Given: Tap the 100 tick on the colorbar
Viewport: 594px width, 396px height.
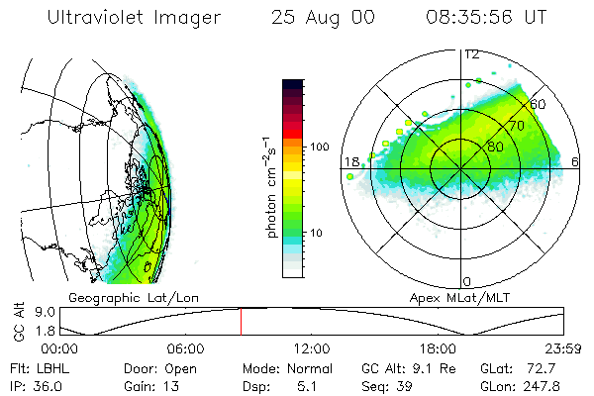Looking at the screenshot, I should coord(320,147).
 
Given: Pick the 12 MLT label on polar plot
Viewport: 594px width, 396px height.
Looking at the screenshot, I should coord(472,54).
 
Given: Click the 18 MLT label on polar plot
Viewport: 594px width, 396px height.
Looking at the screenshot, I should coord(350,161).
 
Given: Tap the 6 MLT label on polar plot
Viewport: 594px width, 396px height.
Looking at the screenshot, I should coord(576,161).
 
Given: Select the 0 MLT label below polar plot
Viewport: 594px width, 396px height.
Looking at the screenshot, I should coord(468,281).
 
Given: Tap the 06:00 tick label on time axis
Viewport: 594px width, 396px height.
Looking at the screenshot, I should coord(186,348).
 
